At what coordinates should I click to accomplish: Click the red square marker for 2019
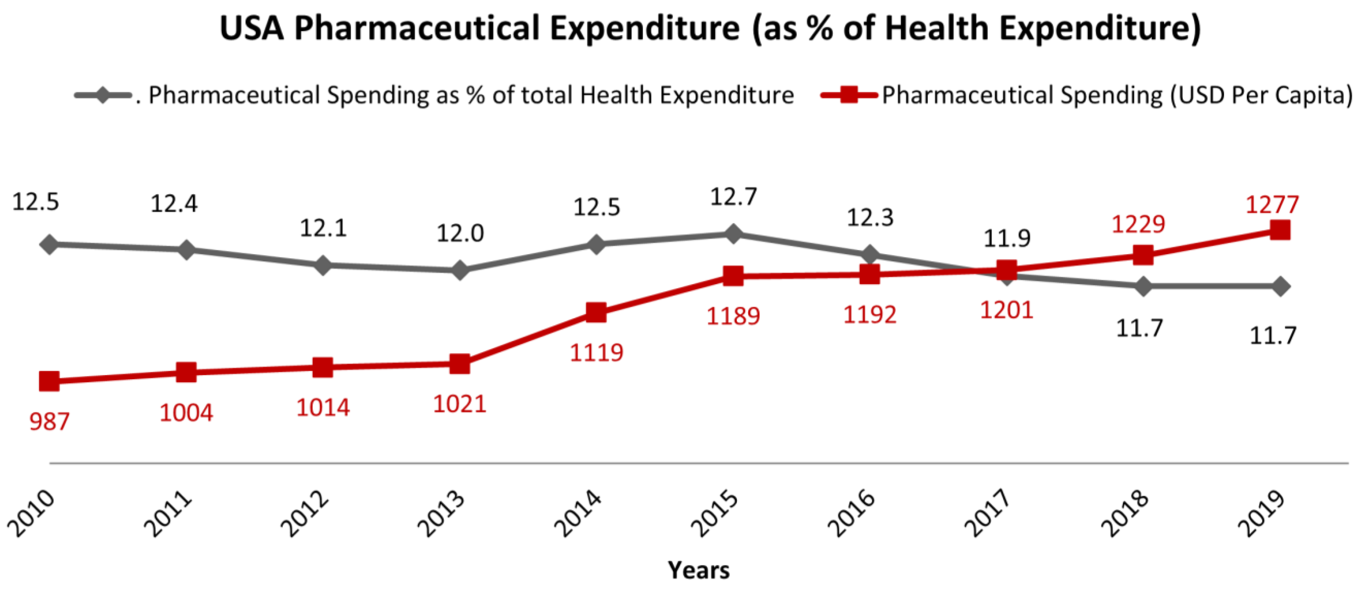(x=1279, y=230)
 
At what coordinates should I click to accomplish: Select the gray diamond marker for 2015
(x=733, y=233)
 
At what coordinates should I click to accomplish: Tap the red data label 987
(x=49, y=421)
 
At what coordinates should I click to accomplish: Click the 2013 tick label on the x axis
(x=441, y=514)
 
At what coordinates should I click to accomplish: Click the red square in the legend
(x=848, y=95)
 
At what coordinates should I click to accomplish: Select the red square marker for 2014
(x=596, y=312)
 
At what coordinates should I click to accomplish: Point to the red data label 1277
(x=1272, y=205)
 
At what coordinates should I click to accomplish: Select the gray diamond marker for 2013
(x=460, y=270)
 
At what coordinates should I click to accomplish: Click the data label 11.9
(x=1006, y=239)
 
